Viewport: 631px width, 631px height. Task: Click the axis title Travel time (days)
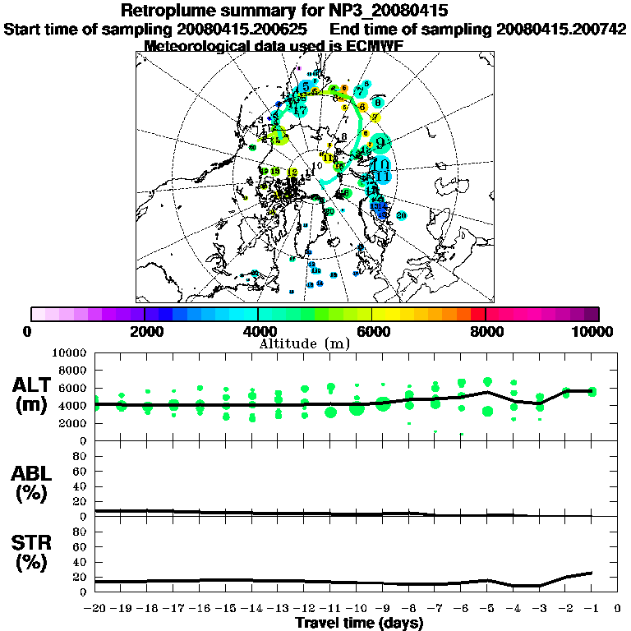pyautogui.click(x=359, y=623)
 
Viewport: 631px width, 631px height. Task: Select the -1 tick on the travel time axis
pyautogui.click(x=592, y=609)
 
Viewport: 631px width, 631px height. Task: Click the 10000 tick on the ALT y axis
pyautogui.click(x=70, y=352)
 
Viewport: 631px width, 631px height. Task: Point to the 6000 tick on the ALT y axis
pyautogui.click(x=73, y=388)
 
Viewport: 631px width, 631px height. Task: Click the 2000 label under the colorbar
pyautogui.click(x=145, y=332)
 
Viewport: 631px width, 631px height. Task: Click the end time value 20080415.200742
pyautogui.click(x=561, y=29)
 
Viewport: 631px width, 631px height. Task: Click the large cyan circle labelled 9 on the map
pyautogui.click(x=380, y=144)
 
